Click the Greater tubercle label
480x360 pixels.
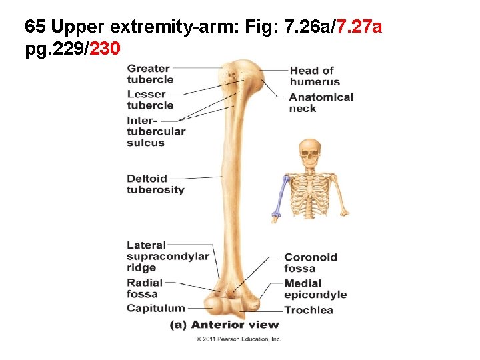click(150, 73)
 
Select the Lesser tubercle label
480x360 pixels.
click(150, 99)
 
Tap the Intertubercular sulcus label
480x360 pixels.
click(155, 131)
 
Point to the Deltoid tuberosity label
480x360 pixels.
click(155, 184)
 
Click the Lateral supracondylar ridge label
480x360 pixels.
click(167, 257)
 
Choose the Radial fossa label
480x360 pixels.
click(144, 289)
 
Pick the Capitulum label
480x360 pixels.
click(155, 308)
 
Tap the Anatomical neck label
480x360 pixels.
click(321, 103)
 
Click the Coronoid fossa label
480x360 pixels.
click(311, 263)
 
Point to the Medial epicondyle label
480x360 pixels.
click(315, 289)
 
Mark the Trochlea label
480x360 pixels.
click(308, 310)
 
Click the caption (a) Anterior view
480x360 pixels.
click(225, 325)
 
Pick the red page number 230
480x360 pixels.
click(104, 49)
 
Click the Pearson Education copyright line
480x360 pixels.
click(238, 339)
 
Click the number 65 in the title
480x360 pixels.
click(35, 27)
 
